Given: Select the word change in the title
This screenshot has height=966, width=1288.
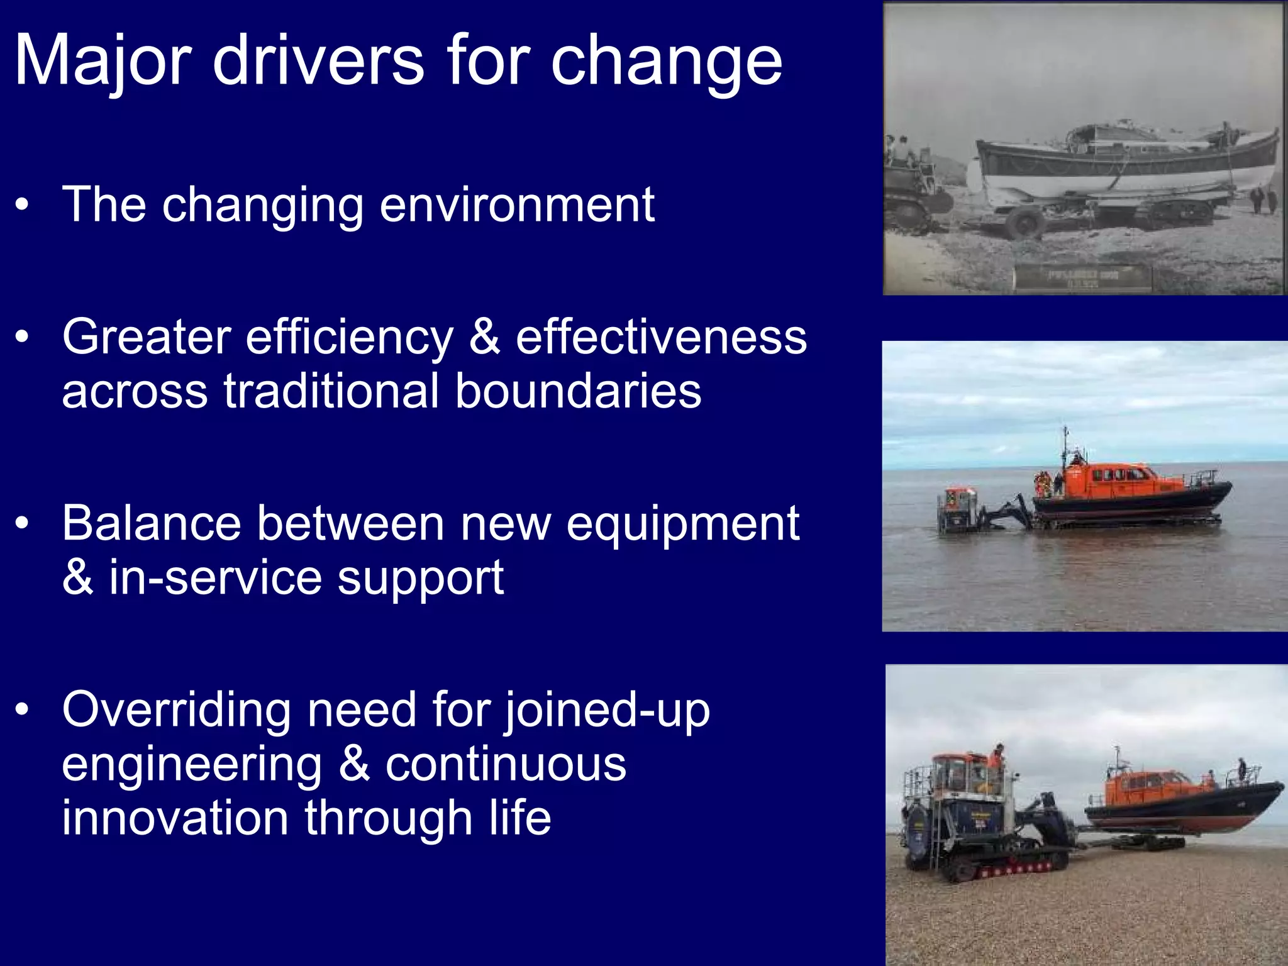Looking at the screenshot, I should click(666, 62).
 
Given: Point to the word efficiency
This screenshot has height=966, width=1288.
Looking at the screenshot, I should click(349, 338).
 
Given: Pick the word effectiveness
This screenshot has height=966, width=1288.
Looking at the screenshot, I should click(661, 338).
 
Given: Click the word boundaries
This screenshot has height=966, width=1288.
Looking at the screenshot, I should click(578, 391).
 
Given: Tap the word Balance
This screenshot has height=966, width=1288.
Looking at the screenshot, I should click(152, 523).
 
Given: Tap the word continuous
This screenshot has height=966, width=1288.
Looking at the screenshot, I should click(506, 764).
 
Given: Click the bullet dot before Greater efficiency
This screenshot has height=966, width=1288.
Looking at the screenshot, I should click(23, 338).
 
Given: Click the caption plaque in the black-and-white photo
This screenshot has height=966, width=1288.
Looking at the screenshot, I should click(1081, 277).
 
